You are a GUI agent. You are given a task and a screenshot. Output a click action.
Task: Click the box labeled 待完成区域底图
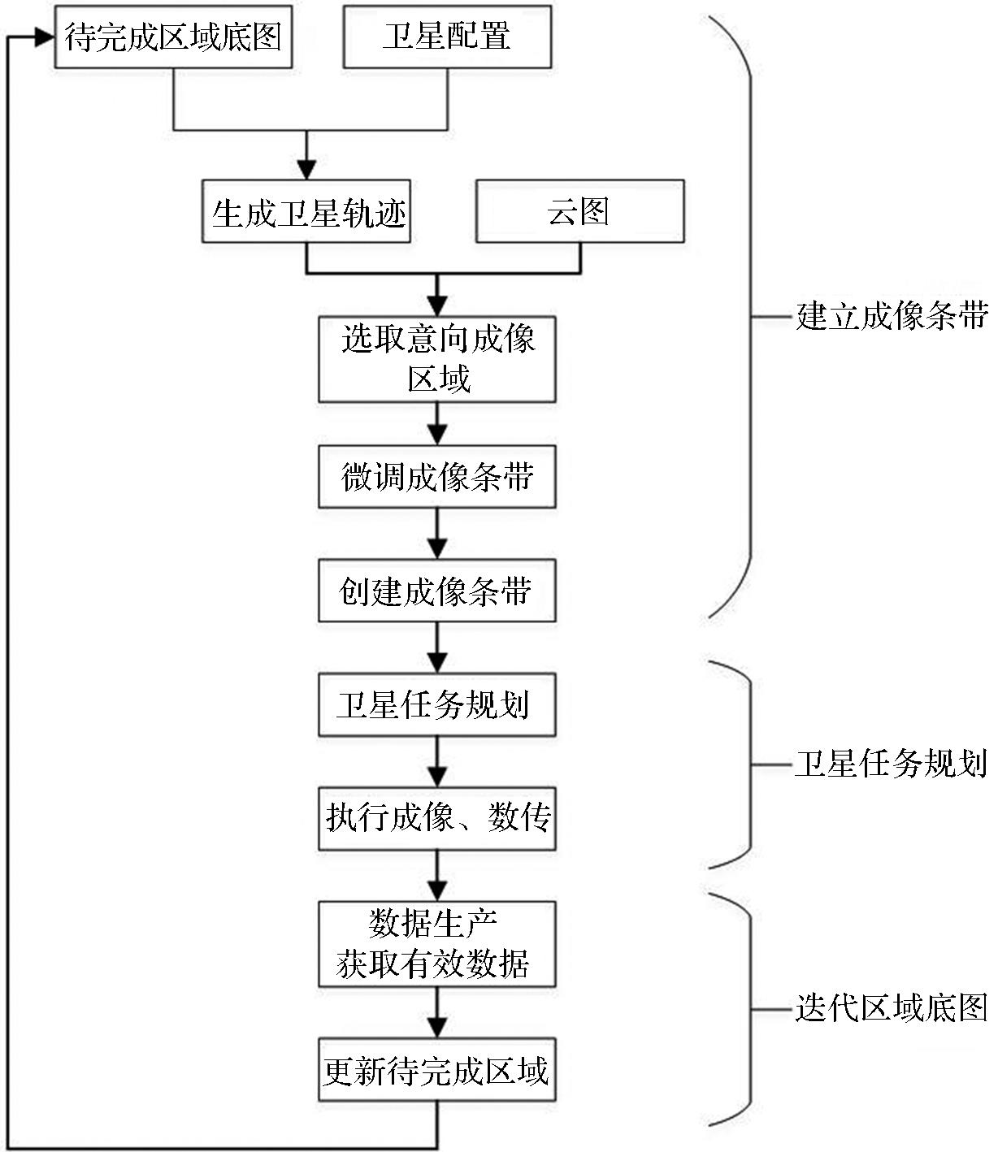pyautogui.click(x=173, y=37)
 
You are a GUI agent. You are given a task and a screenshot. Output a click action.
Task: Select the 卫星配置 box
pyautogui.click(x=447, y=37)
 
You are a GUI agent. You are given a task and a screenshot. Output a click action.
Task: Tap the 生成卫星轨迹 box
pyautogui.click(x=306, y=213)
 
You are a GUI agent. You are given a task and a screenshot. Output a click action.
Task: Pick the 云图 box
pyautogui.click(x=579, y=211)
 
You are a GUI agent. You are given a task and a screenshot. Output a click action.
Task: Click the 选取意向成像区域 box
pyautogui.click(x=437, y=359)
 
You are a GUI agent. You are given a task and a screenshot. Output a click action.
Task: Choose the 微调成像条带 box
pyautogui.click(x=437, y=477)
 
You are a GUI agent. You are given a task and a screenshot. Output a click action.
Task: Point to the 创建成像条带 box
pyautogui.click(x=437, y=591)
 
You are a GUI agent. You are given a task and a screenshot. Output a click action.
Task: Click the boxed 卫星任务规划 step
pyautogui.click(x=437, y=704)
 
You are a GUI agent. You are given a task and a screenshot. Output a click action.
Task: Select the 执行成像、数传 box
pyautogui.click(x=437, y=818)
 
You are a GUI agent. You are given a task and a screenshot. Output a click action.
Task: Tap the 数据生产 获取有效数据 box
pyautogui.click(x=437, y=944)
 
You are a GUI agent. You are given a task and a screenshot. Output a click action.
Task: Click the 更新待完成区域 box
pyautogui.click(x=437, y=1071)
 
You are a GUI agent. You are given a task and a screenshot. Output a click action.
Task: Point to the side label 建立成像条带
pyautogui.click(x=892, y=315)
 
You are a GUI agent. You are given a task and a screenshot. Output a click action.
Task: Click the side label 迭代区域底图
pyautogui.click(x=892, y=1008)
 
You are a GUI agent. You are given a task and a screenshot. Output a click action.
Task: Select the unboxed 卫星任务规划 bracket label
pyautogui.click(x=892, y=764)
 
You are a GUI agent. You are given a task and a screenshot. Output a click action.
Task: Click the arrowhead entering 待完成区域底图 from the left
pyautogui.click(x=44, y=37)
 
